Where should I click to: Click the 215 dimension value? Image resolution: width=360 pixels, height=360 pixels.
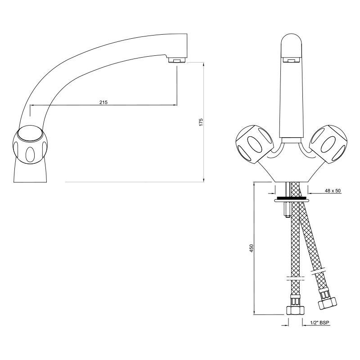tap(103, 102)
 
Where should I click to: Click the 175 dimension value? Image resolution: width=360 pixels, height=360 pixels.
tap(201, 122)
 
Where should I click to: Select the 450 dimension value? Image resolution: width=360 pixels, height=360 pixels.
tap(252, 248)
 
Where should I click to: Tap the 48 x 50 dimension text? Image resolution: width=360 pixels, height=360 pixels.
tap(333, 191)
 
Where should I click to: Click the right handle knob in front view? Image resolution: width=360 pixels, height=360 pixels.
tap(330, 143)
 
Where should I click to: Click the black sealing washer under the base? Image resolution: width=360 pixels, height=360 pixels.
tap(291, 198)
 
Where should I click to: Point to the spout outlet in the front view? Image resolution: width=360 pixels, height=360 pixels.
tap(291, 59)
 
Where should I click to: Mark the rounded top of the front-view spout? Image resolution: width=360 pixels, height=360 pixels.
tap(291, 40)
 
